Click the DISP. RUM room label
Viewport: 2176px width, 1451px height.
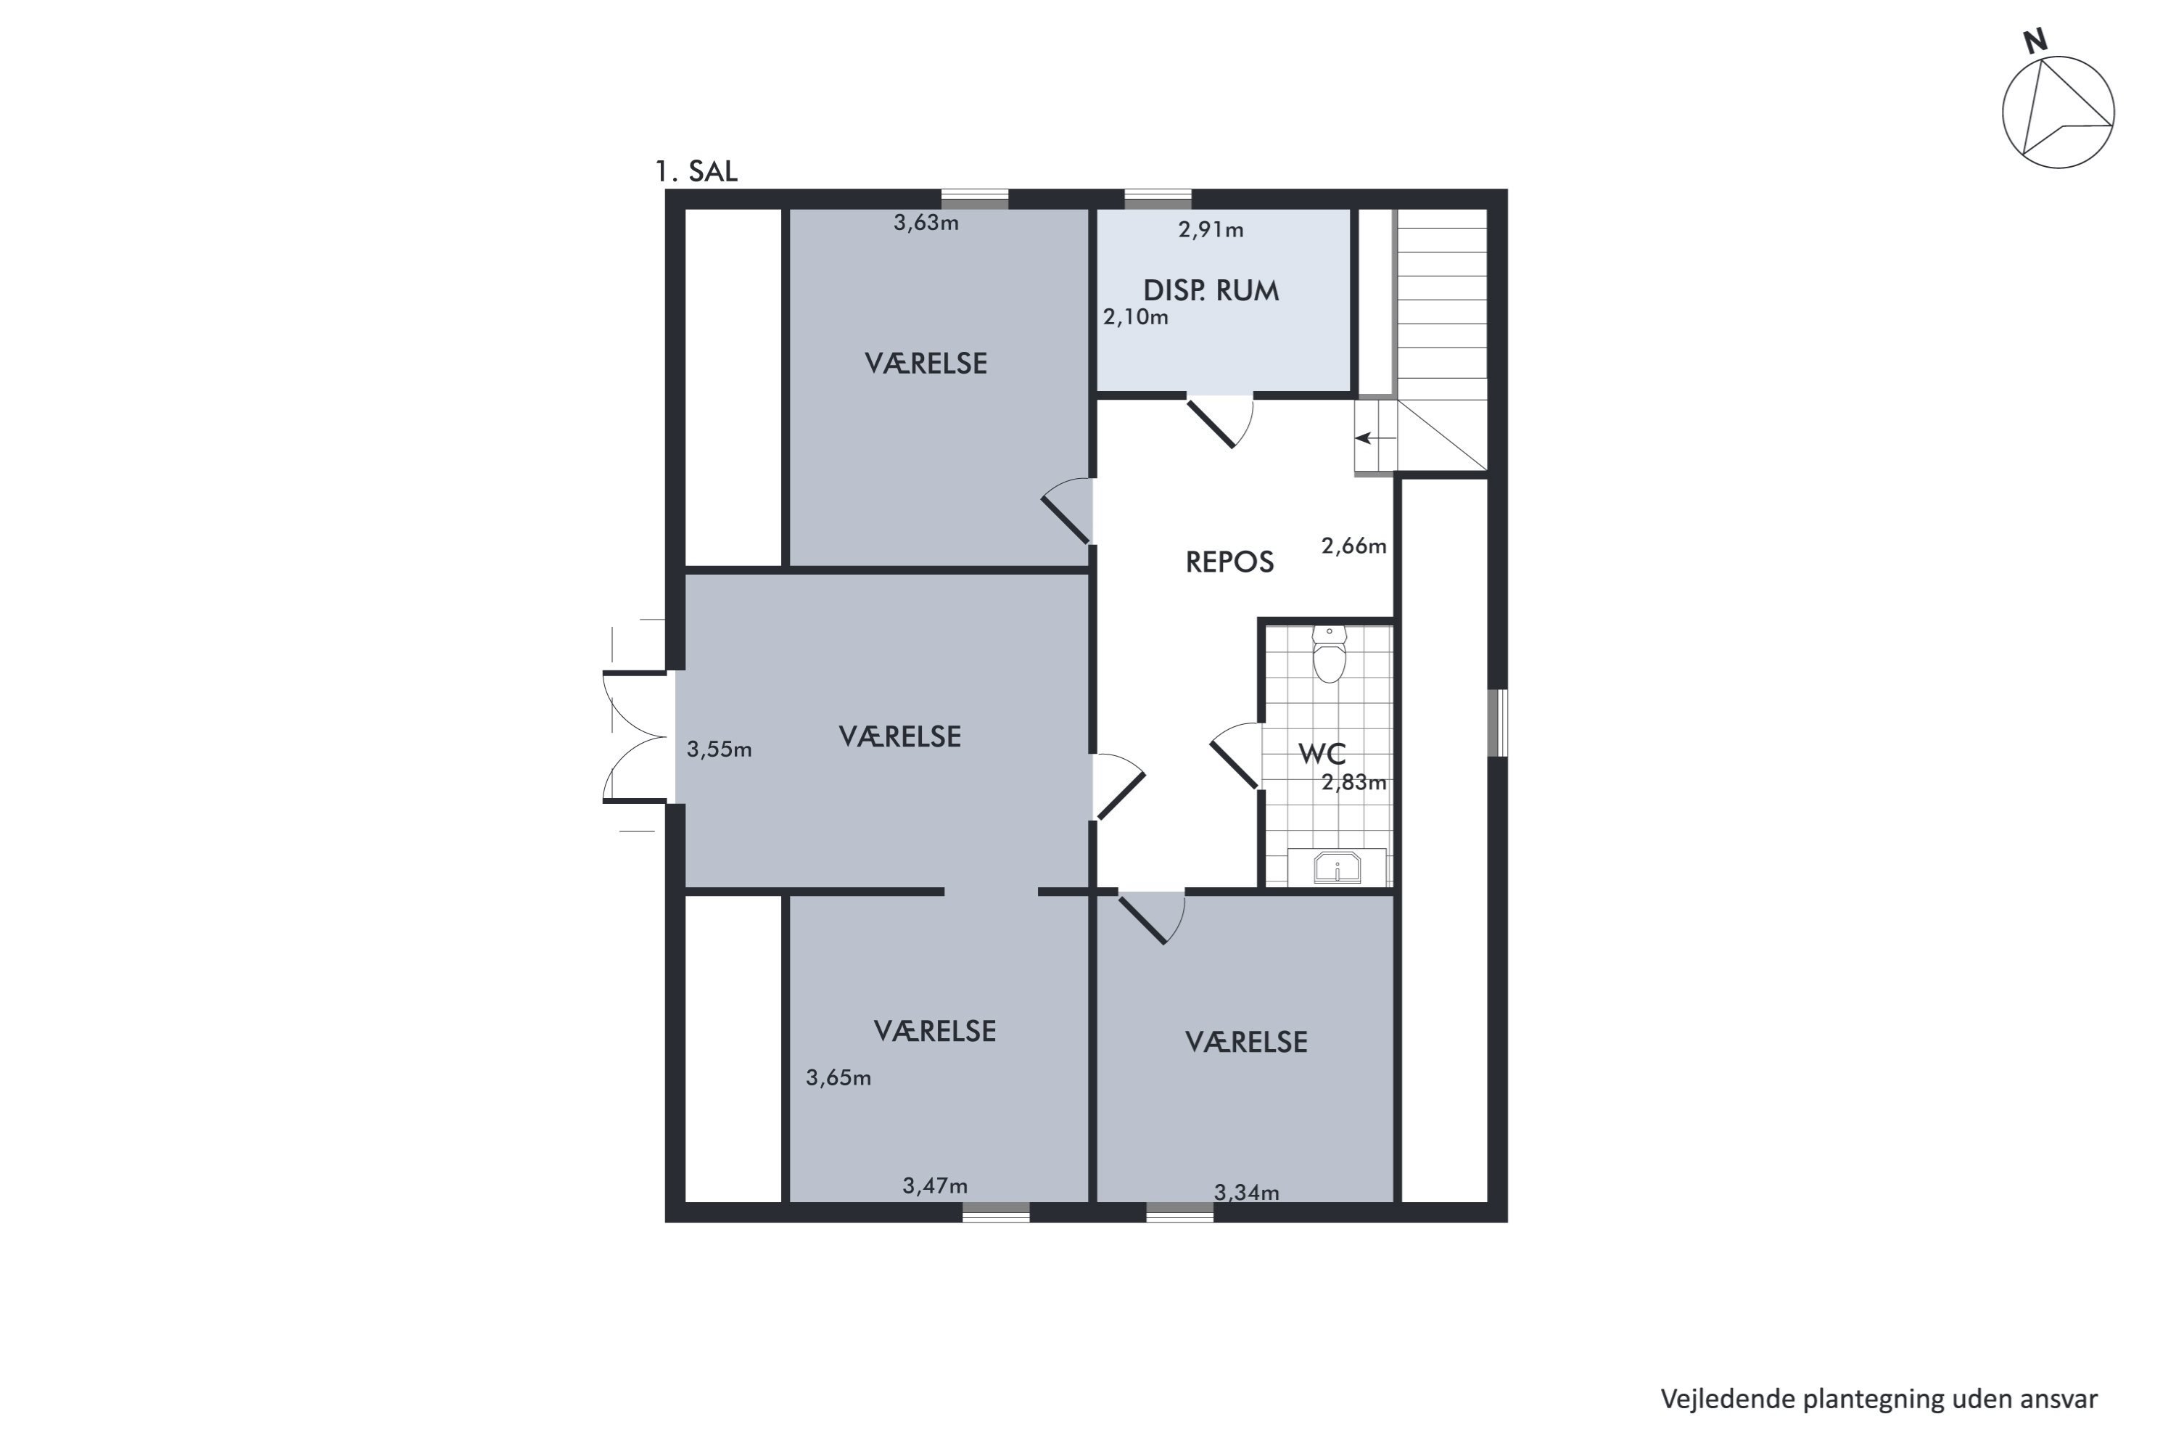coord(1211,291)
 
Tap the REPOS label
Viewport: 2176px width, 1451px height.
coord(1229,562)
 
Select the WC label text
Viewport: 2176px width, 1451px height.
coord(1322,753)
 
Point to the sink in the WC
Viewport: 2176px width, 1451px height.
coord(1337,867)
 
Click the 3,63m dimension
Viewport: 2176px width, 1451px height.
coord(926,223)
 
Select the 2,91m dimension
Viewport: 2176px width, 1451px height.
coord(1211,229)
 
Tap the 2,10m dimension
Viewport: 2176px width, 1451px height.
coord(1135,318)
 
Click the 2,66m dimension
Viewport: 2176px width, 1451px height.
coord(1353,546)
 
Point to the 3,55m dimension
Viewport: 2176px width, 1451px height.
coord(719,749)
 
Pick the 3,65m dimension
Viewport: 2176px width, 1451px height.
coord(838,1077)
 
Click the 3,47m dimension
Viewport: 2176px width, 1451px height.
coord(936,1185)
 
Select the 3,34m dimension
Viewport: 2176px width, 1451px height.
coord(1246,1193)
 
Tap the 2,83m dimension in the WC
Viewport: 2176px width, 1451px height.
coord(1353,783)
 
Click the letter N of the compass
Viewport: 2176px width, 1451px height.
coord(2035,41)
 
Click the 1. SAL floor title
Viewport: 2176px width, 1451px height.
coord(696,171)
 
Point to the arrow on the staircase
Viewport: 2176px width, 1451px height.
coord(1376,437)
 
